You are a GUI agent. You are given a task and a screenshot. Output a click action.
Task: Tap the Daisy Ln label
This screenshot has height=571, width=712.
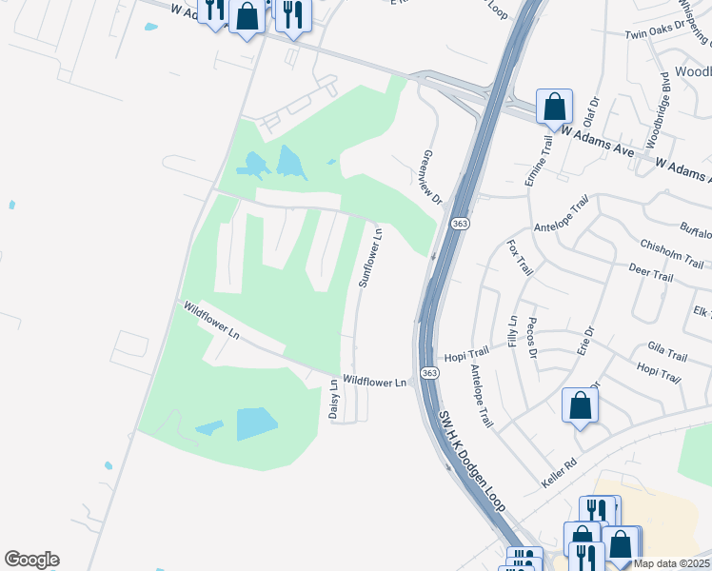tap(334, 401)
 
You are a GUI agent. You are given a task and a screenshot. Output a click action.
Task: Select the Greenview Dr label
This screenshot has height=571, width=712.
tap(432, 177)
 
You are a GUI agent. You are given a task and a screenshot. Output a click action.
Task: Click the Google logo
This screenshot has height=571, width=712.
tap(31, 560)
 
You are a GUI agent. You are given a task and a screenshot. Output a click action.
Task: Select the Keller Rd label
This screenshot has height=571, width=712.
tap(558, 468)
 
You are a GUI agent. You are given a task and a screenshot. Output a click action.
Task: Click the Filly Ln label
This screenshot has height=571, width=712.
tap(513, 330)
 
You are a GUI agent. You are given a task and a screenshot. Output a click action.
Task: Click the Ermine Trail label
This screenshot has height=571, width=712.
tap(538, 160)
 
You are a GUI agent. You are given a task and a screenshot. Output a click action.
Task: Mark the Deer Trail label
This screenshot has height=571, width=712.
tap(651, 275)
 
